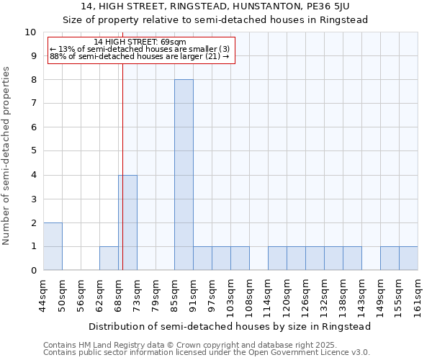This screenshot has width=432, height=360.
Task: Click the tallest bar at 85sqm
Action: coord(184,175)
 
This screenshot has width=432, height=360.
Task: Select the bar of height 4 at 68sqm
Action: coord(127,222)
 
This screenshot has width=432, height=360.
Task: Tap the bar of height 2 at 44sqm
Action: coord(53,246)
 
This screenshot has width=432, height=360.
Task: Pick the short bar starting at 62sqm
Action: coord(109,258)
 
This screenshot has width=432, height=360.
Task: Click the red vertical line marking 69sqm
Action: coord(123,144)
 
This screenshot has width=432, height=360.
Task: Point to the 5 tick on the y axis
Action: coord(33,151)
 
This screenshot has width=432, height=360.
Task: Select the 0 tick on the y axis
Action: coord(33,271)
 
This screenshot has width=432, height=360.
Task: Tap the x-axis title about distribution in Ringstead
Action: coord(230,326)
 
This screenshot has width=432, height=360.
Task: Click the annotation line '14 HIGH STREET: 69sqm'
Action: coord(140,42)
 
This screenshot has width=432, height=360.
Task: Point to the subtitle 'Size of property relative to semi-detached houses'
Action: coord(215,19)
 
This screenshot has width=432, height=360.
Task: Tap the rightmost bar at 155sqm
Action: coord(408,258)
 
